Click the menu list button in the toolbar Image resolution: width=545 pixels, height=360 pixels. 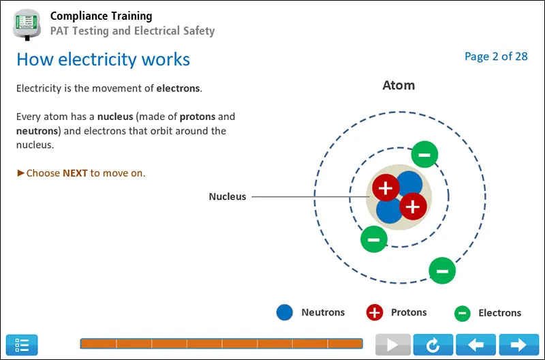click(x=22, y=345)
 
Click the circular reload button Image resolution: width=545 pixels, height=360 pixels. click(x=433, y=345)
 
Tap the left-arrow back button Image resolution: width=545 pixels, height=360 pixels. click(x=476, y=345)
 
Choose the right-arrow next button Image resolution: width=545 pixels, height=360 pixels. click(x=518, y=345)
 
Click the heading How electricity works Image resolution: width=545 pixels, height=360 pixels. click(x=103, y=59)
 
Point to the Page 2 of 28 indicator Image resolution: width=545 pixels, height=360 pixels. click(x=496, y=57)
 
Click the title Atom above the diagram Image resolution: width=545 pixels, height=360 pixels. click(x=399, y=85)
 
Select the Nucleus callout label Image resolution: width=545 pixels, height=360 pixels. click(x=228, y=196)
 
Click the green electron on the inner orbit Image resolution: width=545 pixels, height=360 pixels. click(x=373, y=239)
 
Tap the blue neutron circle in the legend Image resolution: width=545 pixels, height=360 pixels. click(x=285, y=313)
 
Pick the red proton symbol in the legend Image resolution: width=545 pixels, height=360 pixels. click(x=374, y=313)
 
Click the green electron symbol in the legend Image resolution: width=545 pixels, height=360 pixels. click(x=463, y=313)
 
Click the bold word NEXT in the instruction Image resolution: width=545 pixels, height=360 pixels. click(x=75, y=173)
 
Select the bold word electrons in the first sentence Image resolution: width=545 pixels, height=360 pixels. click(x=178, y=89)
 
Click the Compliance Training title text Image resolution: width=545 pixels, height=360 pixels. click(x=102, y=16)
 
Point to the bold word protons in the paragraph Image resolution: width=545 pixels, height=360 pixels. click(x=198, y=117)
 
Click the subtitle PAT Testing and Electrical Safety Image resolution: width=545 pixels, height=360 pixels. click(x=132, y=31)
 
